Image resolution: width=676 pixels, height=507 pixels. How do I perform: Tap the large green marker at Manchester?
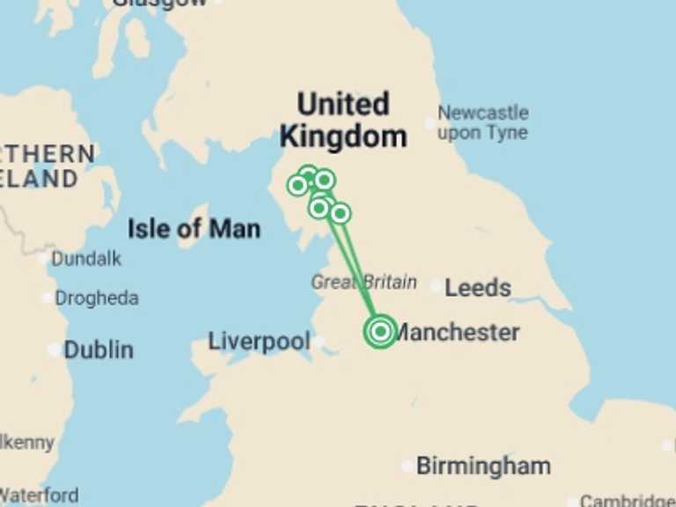click(x=380, y=331)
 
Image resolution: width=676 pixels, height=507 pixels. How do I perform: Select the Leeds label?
click(x=478, y=288)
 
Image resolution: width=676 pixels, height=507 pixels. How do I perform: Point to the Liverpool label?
click(x=259, y=342)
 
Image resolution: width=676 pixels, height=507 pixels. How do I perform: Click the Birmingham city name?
click(x=483, y=466)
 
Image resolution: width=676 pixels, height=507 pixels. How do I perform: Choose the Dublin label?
click(x=99, y=349)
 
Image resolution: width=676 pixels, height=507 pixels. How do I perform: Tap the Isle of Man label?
click(x=194, y=230)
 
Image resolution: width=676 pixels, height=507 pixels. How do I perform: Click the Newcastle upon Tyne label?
click(x=483, y=123)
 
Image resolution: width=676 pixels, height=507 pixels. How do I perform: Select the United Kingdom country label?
click(x=342, y=121)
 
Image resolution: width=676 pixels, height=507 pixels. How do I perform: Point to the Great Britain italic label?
click(x=364, y=283)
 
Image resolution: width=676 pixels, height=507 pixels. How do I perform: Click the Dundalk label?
click(x=86, y=259)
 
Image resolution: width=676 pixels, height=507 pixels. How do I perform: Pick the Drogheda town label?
click(x=97, y=298)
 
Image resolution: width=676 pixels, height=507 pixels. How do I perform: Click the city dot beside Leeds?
click(x=437, y=286)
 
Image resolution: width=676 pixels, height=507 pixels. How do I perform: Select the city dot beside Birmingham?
click(x=407, y=466)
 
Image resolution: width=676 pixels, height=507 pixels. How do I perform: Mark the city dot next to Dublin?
click(x=55, y=349)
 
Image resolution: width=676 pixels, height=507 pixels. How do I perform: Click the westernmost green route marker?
click(x=298, y=185)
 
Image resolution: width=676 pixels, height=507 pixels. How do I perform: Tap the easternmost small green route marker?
click(x=341, y=213)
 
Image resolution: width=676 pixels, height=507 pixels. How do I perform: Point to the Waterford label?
click(x=39, y=496)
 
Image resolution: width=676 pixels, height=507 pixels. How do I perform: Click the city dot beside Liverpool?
click(x=319, y=342)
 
